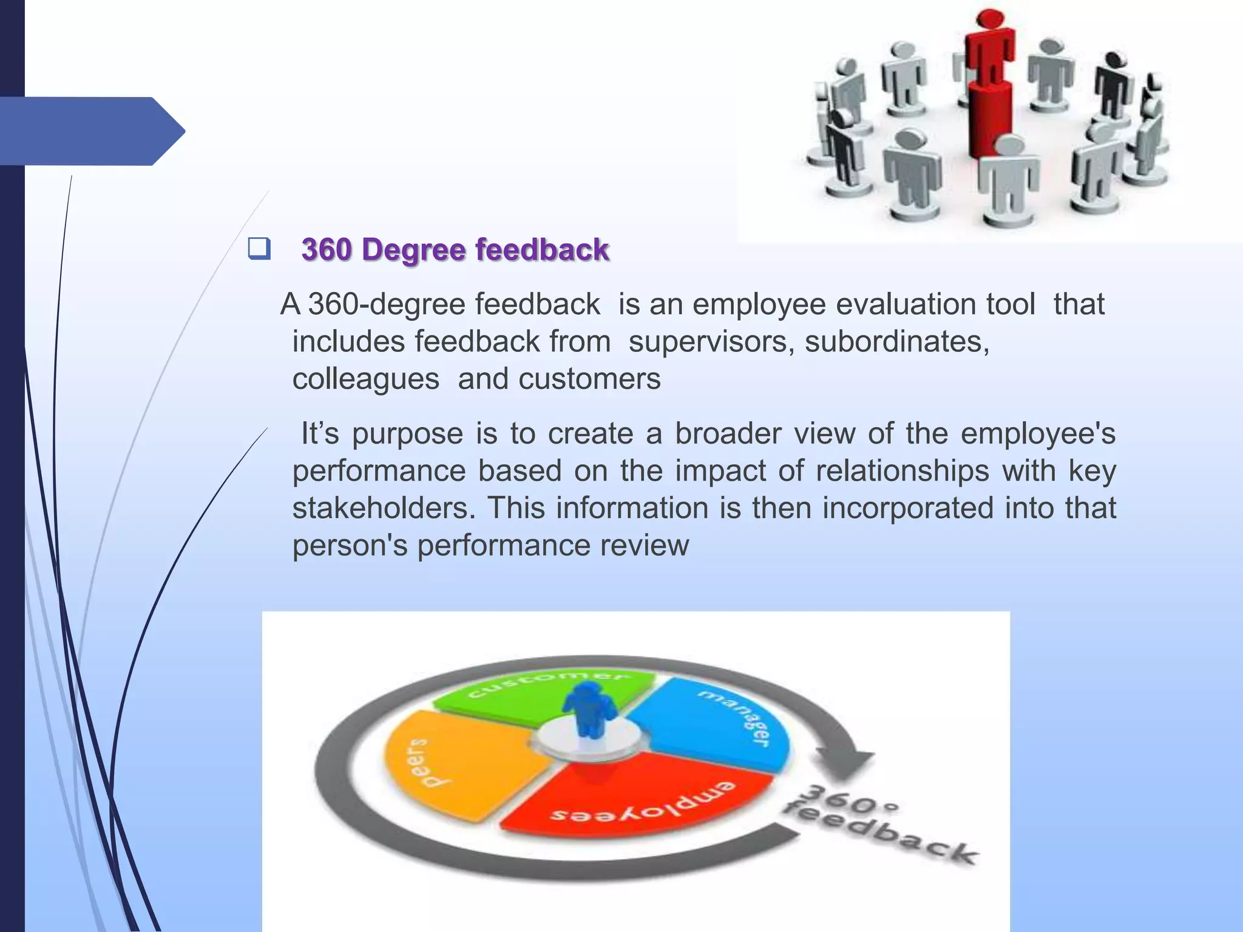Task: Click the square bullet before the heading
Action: click(x=259, y=249)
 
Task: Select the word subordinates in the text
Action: click(x=896, y=342)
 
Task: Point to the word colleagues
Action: click(x=366, y=379)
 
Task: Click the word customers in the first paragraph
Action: click(x=589, y=379)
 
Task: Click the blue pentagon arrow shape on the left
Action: click(x=91, y=131)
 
